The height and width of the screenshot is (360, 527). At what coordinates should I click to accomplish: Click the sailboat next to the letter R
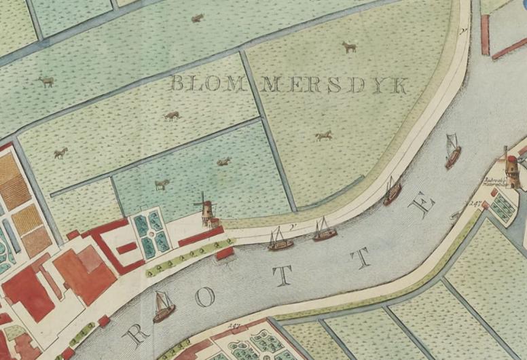point(163,307)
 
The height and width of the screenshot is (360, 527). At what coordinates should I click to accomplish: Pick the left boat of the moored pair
point(279,240)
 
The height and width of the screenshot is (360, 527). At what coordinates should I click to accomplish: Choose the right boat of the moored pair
point(324,232)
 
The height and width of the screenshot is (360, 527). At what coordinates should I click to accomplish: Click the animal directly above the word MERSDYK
point(349,47)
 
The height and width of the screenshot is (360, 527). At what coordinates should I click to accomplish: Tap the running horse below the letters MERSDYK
point(324,136)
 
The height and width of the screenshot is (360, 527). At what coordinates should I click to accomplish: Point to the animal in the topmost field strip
point(198,18)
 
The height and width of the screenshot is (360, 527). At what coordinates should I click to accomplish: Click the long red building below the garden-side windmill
point(202,237)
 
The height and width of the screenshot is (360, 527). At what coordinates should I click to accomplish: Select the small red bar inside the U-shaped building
point(127,248)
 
